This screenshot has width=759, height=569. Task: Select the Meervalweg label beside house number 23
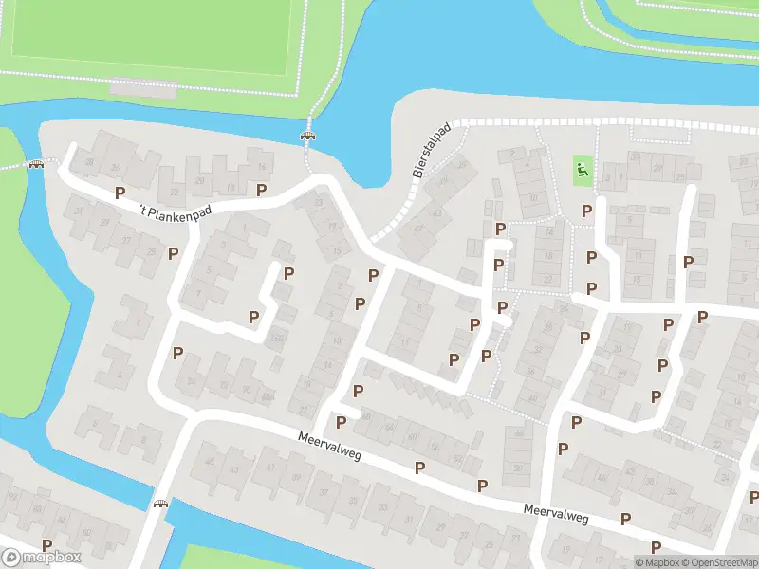pos(556,513)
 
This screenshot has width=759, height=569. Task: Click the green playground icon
pos(582,171)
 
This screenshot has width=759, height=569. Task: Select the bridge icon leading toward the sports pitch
pos(307,137)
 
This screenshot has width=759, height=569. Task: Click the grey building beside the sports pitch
pos(143,87)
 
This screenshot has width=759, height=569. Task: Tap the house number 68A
pos(268,397)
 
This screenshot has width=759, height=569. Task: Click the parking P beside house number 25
pos(173,253)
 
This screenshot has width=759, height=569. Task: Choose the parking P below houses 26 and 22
pos(120,193)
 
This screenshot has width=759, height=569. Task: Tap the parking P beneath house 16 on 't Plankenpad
pos(261,190)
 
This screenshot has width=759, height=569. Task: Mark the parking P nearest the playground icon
pos(587,211)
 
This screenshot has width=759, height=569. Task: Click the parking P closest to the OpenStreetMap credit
pos(656,546)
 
